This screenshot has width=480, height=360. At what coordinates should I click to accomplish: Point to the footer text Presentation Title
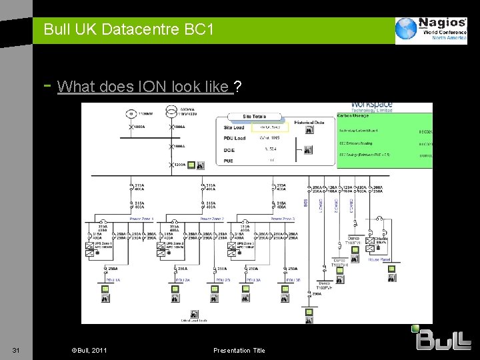[x=239, y=351]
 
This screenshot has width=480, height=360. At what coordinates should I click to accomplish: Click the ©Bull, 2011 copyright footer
[x=89, y=351]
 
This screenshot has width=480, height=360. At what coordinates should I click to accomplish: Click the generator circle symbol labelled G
[x=131, y=113]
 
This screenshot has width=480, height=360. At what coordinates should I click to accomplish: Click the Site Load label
[x=235, y=127]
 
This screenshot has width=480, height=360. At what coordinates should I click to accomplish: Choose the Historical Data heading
[x=309, y=121]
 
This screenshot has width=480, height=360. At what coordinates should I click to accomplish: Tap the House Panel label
[x=379, y=259]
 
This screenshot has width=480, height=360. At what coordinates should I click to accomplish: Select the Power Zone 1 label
[x=141, y=219]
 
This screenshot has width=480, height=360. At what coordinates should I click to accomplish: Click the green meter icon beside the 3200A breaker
[x=191, y=165]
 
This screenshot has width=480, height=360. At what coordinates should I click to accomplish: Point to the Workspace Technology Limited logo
[x=371, y=107]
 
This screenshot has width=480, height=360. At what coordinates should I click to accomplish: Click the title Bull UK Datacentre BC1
[x=129, y=30]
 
